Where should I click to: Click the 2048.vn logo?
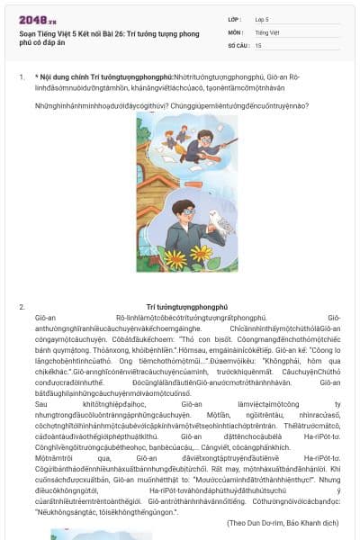click(38, 19)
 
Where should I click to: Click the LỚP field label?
click(235, 18)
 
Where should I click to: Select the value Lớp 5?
click(263, 18)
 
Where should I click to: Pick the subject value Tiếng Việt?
click(267, 31)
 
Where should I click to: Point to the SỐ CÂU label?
click(238, 44)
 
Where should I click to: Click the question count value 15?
click(258, 44)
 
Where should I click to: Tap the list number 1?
click(22, 76)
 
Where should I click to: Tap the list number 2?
click(22, 308)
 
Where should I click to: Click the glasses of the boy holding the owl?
click(185, 212)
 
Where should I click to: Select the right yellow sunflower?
click(202, 255)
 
